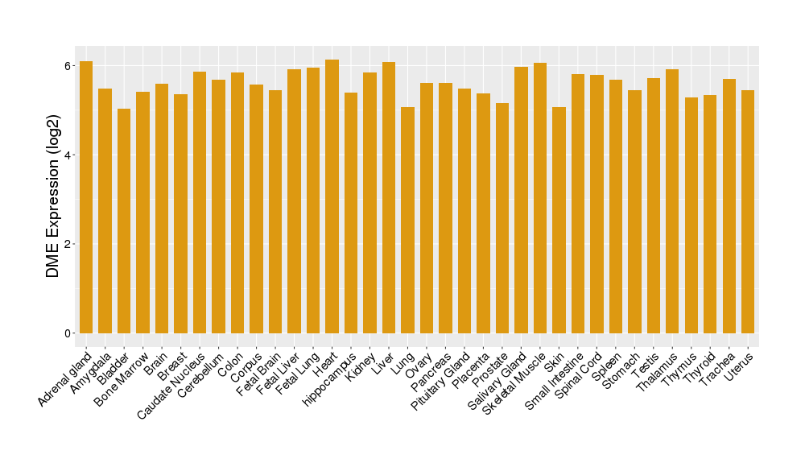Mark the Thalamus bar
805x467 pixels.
click(x=672, y=201)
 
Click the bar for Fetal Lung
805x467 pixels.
click(x=313, y=200)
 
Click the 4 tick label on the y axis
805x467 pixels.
click(x=68, y=155)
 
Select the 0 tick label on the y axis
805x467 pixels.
click(x=68, y=333)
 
